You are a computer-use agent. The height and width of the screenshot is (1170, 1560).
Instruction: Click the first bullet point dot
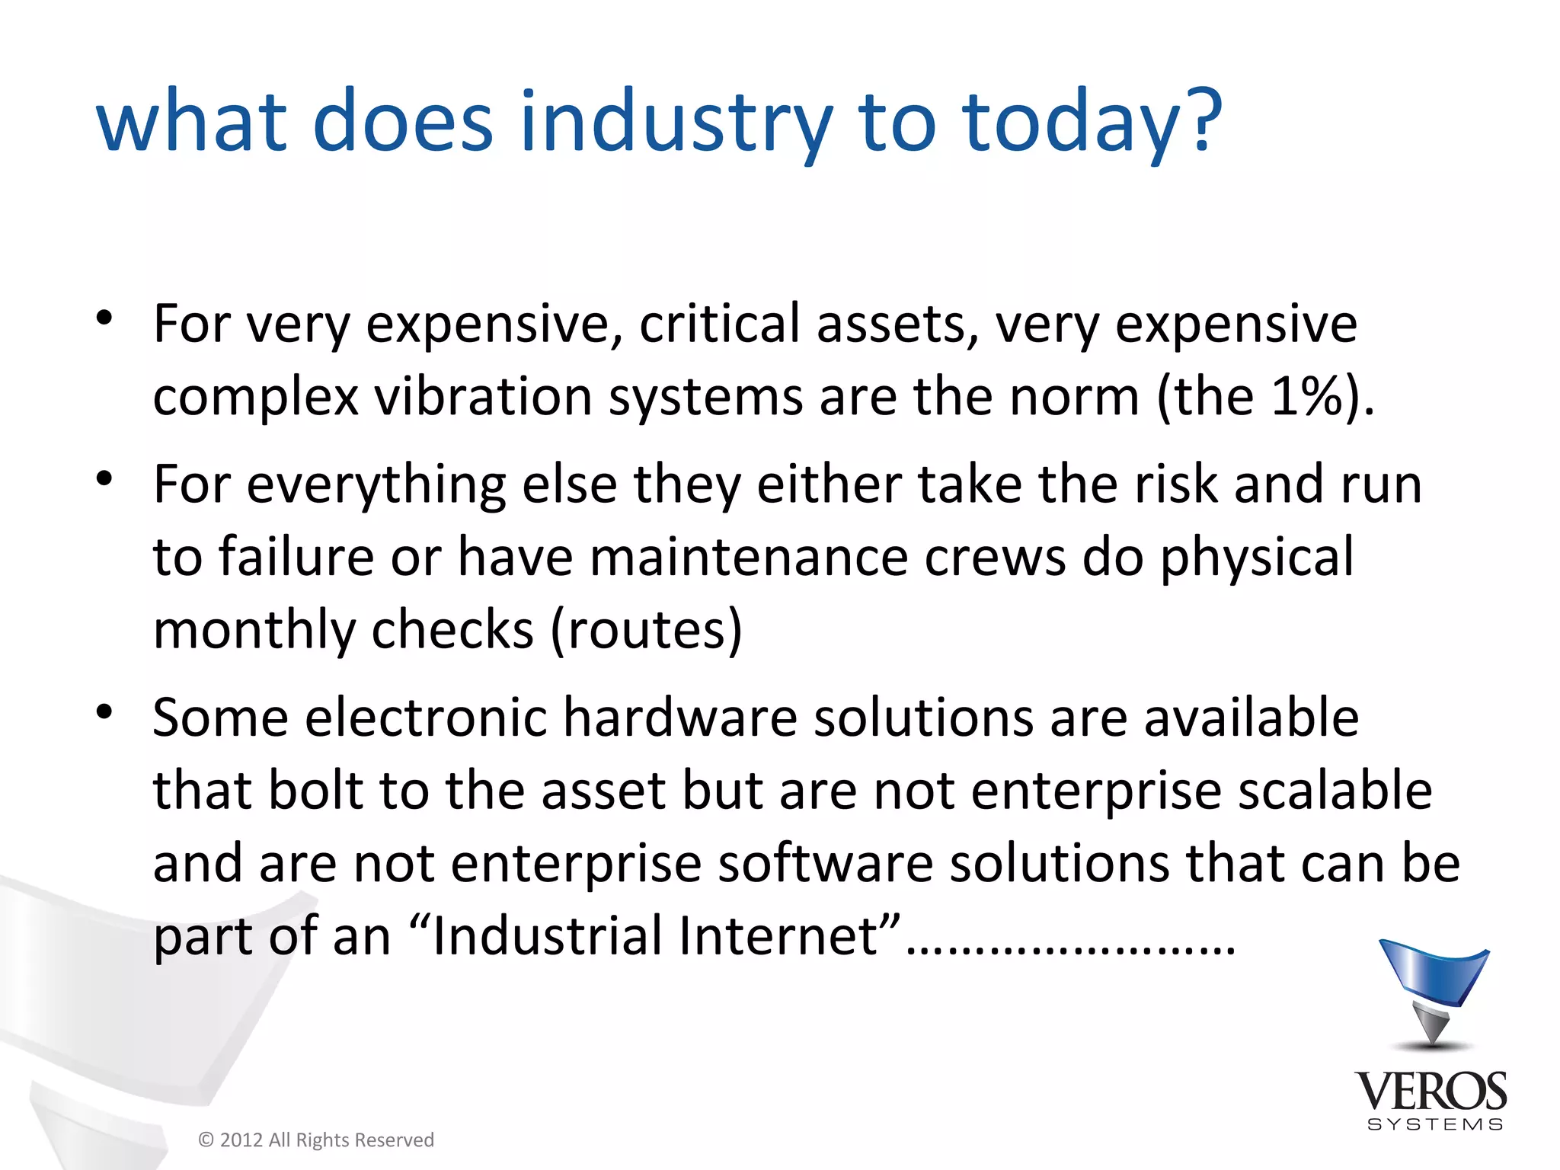104,318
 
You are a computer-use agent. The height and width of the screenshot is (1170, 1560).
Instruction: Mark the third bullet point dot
104,712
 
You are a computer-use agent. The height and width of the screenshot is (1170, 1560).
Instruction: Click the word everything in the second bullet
376,484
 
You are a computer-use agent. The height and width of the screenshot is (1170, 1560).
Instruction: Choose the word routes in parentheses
646,630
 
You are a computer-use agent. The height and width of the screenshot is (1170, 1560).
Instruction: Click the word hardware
679,718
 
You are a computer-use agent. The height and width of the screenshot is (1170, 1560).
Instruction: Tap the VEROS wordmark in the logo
1431,1091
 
